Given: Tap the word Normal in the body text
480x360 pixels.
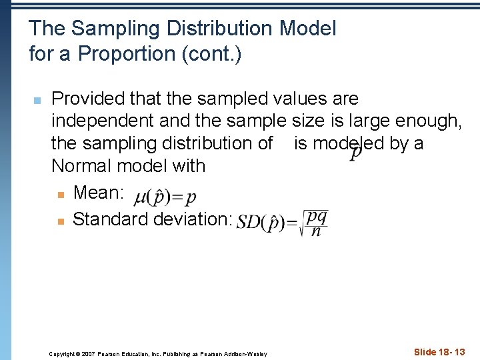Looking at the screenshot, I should pos(84,165).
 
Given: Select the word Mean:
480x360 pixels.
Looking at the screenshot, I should pos(99,193).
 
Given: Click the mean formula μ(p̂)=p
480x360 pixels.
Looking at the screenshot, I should pos(165,197).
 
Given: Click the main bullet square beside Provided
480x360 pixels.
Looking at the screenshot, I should pos(37,100).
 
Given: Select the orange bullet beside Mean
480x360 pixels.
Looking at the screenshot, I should pos(61,194).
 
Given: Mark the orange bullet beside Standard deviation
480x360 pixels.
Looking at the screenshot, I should pos(61,220).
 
